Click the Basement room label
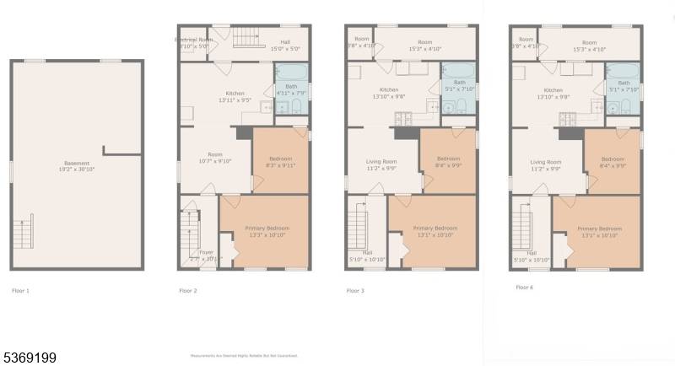pyautogui.click(x=77, y=166)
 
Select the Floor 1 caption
pyautogui.click(x=20, y=290)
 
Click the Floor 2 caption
pyautogui.click(x=188, y=290)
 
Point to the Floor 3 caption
pyautogui.click(x=355, y=290)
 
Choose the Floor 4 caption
pyautogui.click(x=524, y=287)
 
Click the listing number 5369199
pyautogui.click(x=30, y=358)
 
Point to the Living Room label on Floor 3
pyautogui.click(x=381, y=164)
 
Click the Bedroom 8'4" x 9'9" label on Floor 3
pyautogui.click(x=448, y=162)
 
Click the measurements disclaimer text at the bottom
pyautogui.click(x=244, y=356)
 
